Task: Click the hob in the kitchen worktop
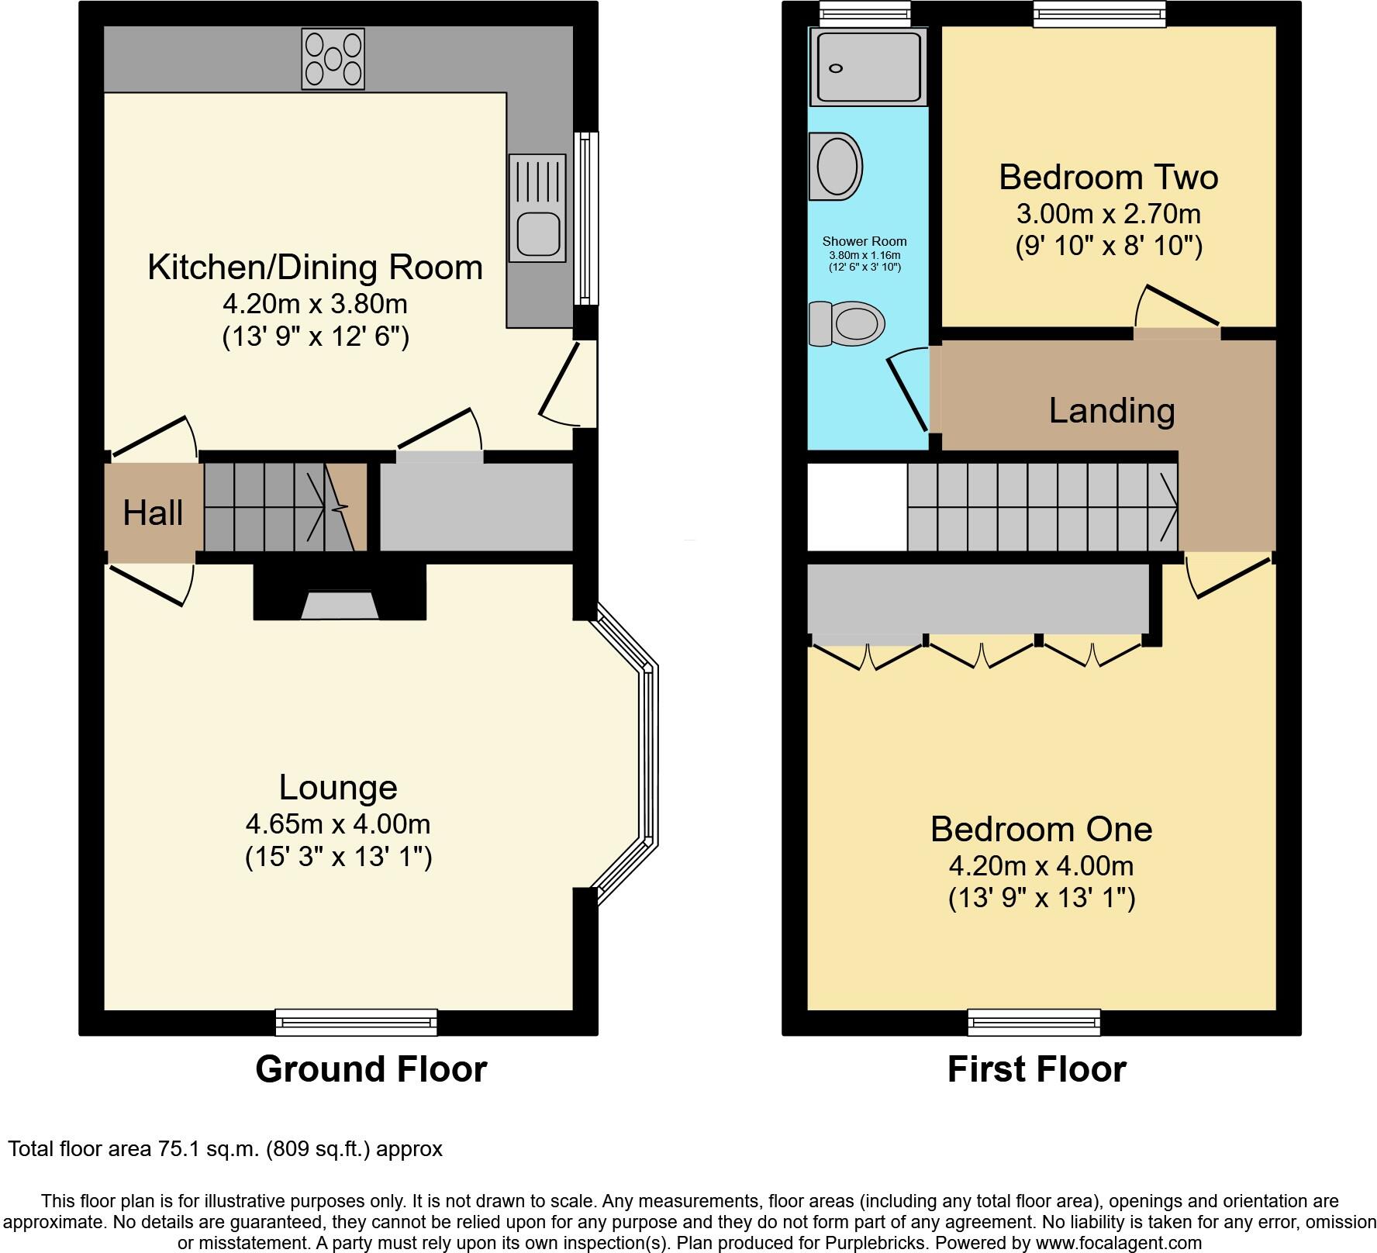click(333, 59)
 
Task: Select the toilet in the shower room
click(847, 323)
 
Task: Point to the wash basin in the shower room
click(836, 166)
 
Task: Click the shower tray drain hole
click(836, 68)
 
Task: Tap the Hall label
click(153, 513)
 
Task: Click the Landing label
click(1112, 411)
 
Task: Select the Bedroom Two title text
click(1108, 178)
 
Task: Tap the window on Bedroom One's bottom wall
click(1034, 1022)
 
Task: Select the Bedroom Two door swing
click(1175, 309)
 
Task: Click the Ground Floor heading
click(371, 1069)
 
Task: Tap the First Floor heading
click(1036, 1069)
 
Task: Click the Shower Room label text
click(864, 241)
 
